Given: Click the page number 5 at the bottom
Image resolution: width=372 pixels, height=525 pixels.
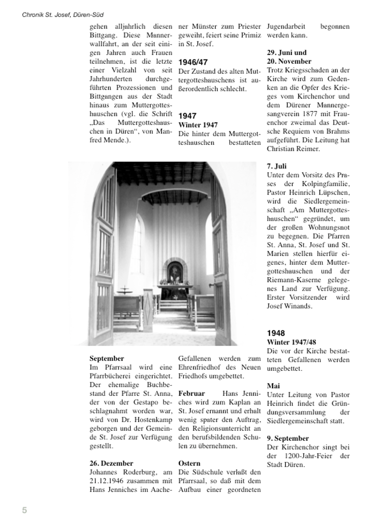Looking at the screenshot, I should (x=24, y=510).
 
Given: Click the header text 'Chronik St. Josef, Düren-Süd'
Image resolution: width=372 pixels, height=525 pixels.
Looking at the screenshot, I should (x=63, y=15).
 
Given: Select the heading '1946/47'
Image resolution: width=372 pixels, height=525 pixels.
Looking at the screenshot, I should (x=193, y=62).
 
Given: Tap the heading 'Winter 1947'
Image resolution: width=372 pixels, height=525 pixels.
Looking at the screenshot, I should (x=198, y=125).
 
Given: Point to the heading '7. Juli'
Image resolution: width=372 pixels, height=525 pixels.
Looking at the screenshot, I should (x=277, y=167).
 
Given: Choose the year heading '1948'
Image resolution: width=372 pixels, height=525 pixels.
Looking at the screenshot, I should (x=276, y=333).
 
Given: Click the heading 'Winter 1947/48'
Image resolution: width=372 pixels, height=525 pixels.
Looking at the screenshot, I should (x=291, y=342).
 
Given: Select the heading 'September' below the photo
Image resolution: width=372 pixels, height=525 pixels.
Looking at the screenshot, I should (x=107, y=358).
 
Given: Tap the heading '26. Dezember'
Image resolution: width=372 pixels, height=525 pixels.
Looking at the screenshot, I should (x=111, y=463).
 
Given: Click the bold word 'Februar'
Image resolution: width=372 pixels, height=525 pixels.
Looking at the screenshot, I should (x=191, y=394).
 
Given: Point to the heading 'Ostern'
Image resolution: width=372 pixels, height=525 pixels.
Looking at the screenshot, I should (x=189, y=463).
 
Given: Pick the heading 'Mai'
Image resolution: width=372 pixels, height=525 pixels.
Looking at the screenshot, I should (x=273, y=386).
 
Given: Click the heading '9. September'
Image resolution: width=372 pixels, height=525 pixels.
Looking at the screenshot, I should (x=288, y=438).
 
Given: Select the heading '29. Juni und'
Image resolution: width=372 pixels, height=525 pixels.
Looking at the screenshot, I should (x=287, y=52).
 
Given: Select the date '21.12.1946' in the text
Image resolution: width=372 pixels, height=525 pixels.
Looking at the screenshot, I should (x=108, y=481).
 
